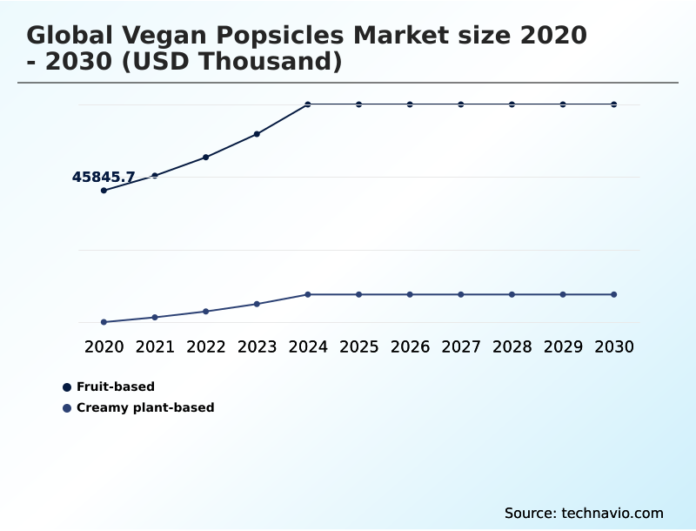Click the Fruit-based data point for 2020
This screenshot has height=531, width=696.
coord(104,190)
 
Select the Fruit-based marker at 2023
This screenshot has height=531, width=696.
coord(257,134)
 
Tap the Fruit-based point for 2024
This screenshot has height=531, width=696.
coord(308,104)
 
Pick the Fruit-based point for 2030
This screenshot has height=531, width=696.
coord(614,104)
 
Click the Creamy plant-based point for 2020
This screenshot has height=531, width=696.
coord(104,322)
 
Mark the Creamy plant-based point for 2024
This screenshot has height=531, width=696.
coord(308,294)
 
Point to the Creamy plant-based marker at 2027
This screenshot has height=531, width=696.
coord(461,294)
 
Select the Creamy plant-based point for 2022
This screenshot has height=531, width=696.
coord(206,311)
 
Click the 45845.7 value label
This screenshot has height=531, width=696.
coord(103,178)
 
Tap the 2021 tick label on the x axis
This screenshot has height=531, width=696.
coord(155,346)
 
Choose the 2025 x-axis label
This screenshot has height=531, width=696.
coord(358,346)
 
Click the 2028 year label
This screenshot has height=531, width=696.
coord(512,346)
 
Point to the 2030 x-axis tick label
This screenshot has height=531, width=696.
coord(614,346)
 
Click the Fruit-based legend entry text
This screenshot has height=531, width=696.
coord(116,386)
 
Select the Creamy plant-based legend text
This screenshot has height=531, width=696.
coord(145,407)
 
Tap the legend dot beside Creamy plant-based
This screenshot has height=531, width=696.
coord(67,407)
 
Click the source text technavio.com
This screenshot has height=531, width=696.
coord(612,513)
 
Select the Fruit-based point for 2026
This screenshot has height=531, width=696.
coord(410,104)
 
